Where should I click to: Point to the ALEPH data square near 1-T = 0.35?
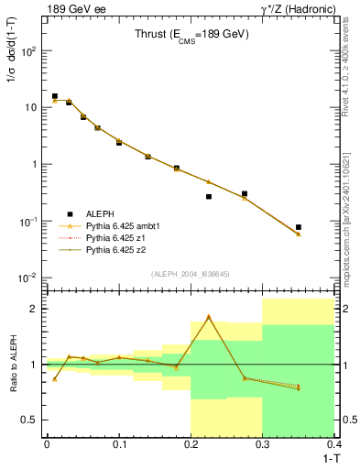[299, 227]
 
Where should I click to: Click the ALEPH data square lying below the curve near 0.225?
[209, 196]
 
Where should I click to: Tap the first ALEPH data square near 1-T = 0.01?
[54, 96]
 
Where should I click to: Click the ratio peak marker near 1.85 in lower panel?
[209, 317]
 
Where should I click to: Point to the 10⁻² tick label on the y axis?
[27, 278]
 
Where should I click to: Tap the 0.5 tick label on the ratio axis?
[28, 420]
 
